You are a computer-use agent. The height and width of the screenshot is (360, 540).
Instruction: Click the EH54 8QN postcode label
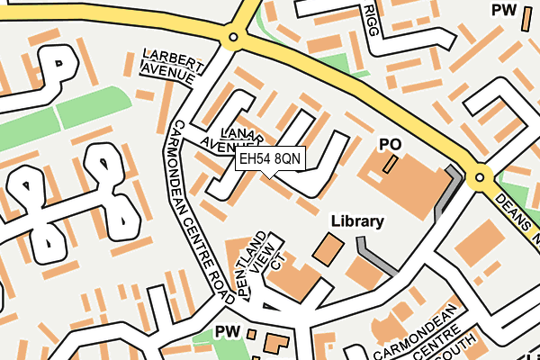(x=270, y=158)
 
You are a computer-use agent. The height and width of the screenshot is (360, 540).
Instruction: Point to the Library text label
(x=357, y=220)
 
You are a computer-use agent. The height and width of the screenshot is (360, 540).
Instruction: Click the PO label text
(x=389, y=144)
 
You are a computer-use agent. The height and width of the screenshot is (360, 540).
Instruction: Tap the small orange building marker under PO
(x=390, y=164)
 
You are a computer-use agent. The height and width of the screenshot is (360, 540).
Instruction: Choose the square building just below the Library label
(x=328, y=248)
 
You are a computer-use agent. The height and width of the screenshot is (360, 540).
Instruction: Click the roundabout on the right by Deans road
(x=480, y=177)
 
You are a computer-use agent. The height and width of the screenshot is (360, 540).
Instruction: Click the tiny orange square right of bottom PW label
(x=251, y=334)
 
